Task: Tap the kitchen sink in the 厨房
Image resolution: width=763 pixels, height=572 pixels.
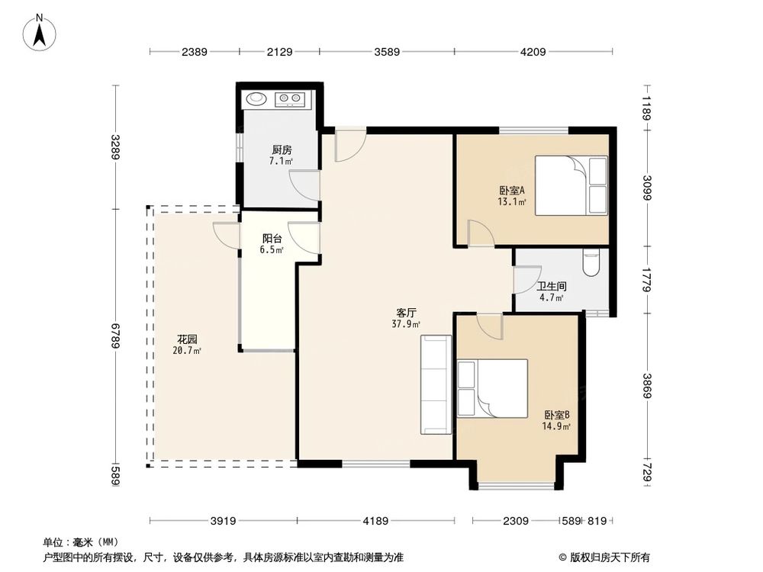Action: [x=255, y=98]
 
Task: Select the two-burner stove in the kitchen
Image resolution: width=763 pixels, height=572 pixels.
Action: [x=290, y=98]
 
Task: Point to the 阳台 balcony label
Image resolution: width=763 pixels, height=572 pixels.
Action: [x=272, y=239]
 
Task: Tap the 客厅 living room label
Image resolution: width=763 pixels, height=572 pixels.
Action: [x=406, y=313]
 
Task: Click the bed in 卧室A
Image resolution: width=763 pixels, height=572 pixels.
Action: [x=571, y=185]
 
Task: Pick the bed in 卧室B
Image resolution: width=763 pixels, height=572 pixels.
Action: [x=493, y=388]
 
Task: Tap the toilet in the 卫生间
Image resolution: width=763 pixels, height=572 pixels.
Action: [x=592, y=263]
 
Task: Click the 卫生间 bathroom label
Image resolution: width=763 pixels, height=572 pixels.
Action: [x=552, y=287]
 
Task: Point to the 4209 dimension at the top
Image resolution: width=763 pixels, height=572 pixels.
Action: [x=534, y=52]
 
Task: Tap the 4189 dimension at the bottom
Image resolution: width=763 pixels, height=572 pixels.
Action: [x=376, y=521]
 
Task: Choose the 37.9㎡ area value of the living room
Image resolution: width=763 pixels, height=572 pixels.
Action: [x=406, y=323]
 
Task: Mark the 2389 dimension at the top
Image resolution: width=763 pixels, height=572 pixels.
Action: [x=195, y=52]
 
